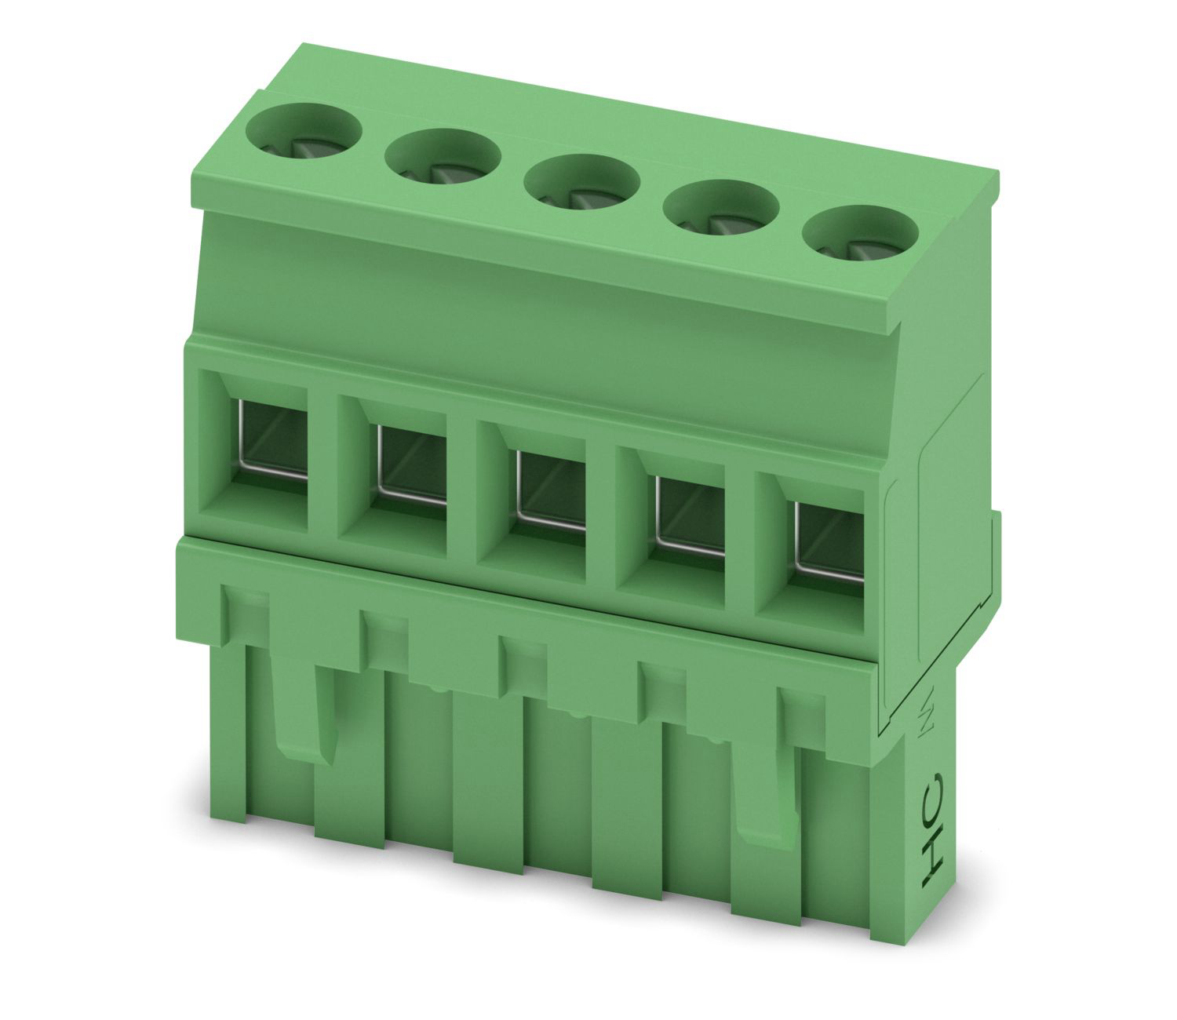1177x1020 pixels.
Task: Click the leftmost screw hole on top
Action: pyautogui.click(x=304, y=136)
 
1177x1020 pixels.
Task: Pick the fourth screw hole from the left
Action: pyautogui.click(x=721, y=213)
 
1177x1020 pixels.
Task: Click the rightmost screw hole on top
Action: pyautogui.click(x=861, y=238)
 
